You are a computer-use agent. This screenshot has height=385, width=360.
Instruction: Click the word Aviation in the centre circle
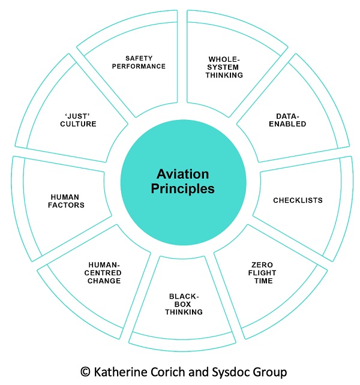pyautogui.click(x=183, y=175)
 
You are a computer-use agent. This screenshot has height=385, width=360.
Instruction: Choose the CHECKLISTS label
pyautogui.click(x=298, y=200)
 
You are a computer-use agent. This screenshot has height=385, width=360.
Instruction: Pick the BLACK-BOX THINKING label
pyautogui.click(x=185, y=303)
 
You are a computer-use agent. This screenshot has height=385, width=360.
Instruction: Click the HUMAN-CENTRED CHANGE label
pyautogui.click(x=104, y=272)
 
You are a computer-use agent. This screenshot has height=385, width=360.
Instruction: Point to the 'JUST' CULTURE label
pyautogui.click(x=80, y=120)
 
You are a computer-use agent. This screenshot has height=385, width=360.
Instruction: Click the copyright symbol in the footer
pyautogui.click(x=84, y=372)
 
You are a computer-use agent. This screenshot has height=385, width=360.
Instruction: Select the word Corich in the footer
pyautogui.click(x=169, y=372)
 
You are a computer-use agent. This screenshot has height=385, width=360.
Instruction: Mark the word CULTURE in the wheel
pyautogui.click(x=80, y=124)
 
